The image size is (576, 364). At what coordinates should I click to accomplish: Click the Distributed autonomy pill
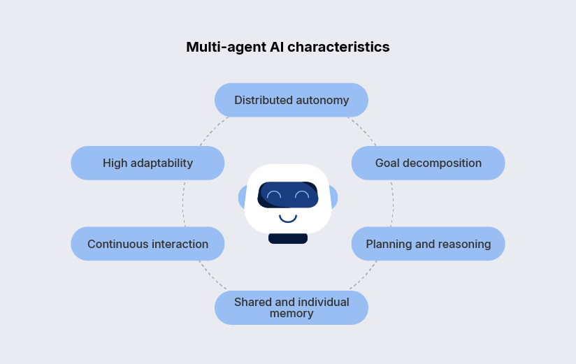(291, 100)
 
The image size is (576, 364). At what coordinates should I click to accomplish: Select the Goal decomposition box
(428, 163)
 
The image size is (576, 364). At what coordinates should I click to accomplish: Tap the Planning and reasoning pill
(428, 244)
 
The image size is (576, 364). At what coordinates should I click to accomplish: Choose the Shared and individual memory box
(291, 307)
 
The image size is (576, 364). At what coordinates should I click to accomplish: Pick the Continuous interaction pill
(147, 244)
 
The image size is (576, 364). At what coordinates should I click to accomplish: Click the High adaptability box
(147, 163)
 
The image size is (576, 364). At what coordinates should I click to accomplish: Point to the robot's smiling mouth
(288, 218)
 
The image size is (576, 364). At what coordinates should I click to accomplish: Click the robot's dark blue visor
(288, 195)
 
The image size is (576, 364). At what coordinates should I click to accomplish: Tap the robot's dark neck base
(288, 238)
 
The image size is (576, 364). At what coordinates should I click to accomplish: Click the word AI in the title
(277, 48)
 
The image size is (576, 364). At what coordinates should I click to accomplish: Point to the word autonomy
(322, 100)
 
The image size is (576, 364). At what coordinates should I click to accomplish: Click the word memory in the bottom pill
(291, 314)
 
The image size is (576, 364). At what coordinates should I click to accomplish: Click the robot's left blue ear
(242, 198)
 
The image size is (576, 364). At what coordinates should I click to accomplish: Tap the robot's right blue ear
(334, 198)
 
